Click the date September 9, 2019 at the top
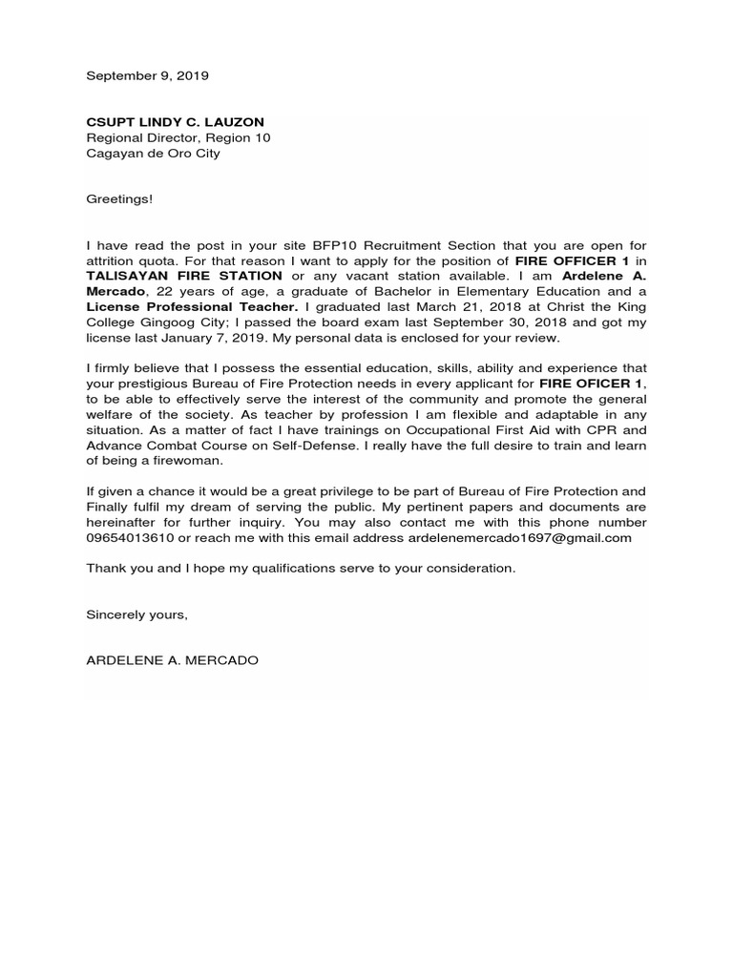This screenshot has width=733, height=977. [147, 74]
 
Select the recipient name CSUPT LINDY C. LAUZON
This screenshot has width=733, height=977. [175, 122]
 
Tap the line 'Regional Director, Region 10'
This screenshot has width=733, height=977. [178, 137]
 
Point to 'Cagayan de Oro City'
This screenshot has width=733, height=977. [153, 153]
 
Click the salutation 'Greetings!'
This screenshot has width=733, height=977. [119, 199]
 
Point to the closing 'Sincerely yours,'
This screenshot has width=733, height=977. [137, 614]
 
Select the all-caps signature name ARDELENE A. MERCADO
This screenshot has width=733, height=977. [172, 660]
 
